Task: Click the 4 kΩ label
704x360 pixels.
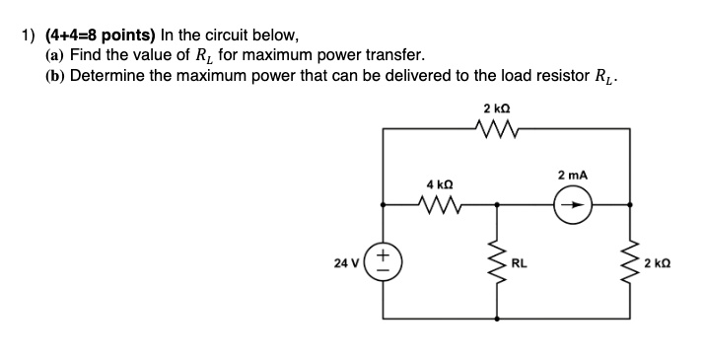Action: pyautogui.click(x=439, y=184)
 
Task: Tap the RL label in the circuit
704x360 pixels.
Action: pyautogui.click(x=519, y=263)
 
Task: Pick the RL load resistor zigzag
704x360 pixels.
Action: pyautogui.click(x=496, y=263)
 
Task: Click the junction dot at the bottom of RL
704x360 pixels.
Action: pyautogui.click(x=496, y=321)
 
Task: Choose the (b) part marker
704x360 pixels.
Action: pyautogui.click(x=54, y=76)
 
